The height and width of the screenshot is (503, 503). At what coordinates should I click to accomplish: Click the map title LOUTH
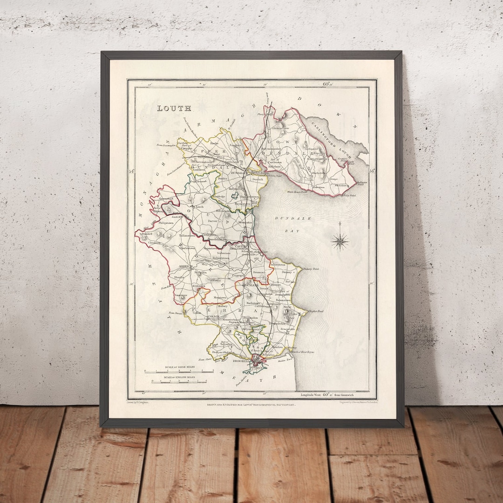[174, 109]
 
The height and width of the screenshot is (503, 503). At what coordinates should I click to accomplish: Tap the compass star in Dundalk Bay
[340, 241]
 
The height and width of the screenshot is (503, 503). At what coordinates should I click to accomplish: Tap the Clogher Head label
[315, 311]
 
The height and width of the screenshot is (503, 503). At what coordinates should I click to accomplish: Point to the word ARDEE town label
[173, 267]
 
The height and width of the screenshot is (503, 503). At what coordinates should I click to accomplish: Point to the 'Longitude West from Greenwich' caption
[328, 394]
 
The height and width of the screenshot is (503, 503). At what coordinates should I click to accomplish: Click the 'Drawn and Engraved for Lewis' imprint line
[251, 405]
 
